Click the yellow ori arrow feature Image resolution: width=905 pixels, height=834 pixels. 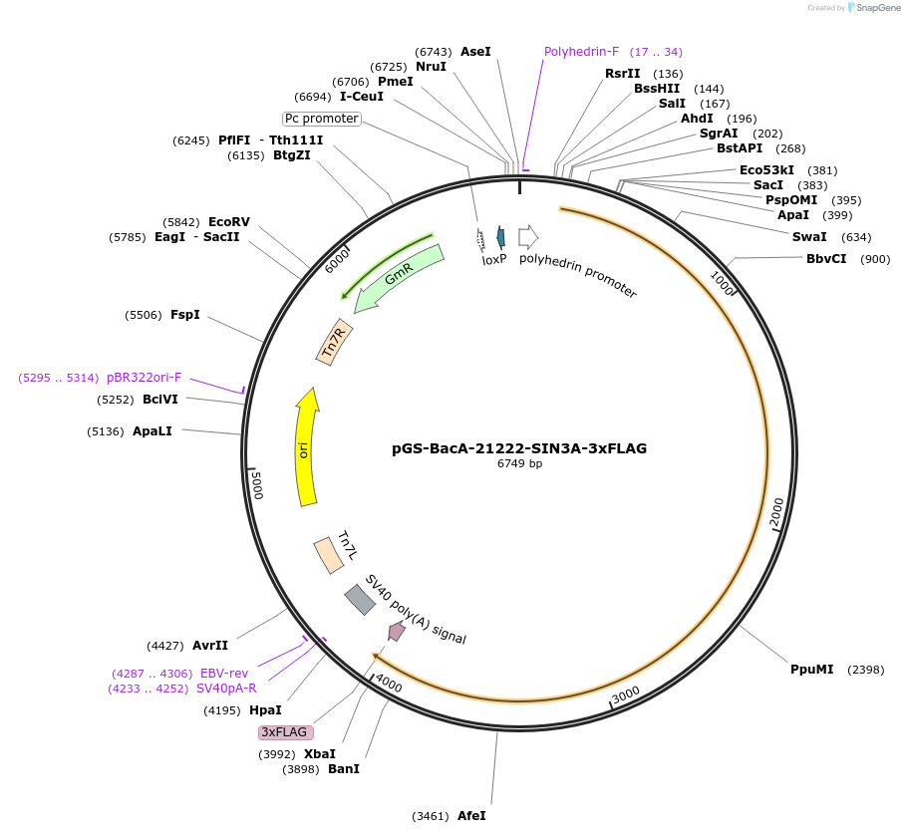coord(306,448)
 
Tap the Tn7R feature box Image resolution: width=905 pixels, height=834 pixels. coord(334,342)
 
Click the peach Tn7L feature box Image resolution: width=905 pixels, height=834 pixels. coord(328,555)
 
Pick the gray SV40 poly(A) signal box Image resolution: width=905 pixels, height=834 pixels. coord(359,600)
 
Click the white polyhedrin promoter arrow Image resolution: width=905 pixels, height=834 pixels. coord(528,236)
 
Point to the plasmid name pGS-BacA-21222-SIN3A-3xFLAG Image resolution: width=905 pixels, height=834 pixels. coord(519,448)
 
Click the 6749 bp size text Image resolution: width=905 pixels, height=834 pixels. coord(519,463)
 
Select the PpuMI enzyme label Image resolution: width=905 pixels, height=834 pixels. coord(811,669)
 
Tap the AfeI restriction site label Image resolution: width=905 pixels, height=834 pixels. coord(471,816)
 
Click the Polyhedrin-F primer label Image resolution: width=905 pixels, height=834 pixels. coord(581,51)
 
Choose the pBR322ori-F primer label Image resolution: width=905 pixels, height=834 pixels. coord(144,378)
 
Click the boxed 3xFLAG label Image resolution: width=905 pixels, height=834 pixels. coord(286,732)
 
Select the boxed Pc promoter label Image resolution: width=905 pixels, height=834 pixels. coord(321,119)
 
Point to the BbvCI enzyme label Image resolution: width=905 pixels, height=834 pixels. coord(827,259)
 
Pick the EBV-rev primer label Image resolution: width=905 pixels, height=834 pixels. coord(224,674)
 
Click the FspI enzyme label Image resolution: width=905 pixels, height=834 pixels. coord(185,315)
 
